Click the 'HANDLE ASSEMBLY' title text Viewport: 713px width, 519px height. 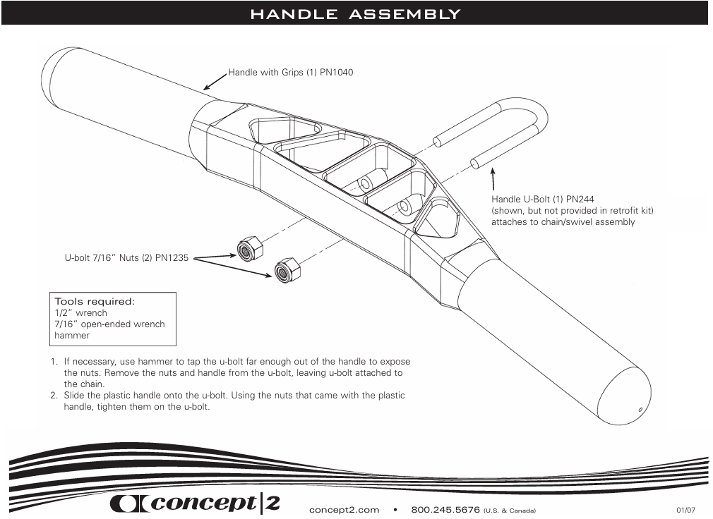click(355, 14)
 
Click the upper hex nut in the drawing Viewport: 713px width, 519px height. click(249, 249)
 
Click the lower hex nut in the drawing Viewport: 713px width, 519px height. click(286, 269)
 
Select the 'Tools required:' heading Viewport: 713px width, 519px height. click(95, 301)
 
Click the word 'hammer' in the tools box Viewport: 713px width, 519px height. click(72, 336)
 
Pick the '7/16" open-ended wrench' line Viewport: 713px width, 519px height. click(109, 324)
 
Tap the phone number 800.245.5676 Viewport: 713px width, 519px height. click(445, 509)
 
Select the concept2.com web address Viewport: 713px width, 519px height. click(344, 509)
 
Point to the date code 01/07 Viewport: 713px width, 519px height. click(685, 510)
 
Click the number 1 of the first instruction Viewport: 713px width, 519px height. click(52, 362)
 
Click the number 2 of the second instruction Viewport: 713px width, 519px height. click(52, 396)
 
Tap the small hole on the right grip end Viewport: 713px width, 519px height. click(640, 410)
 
